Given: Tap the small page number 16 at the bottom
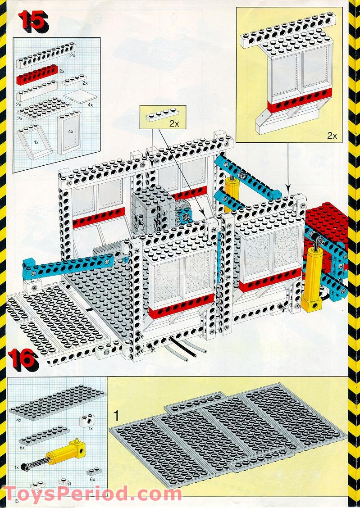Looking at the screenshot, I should point(18,500).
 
